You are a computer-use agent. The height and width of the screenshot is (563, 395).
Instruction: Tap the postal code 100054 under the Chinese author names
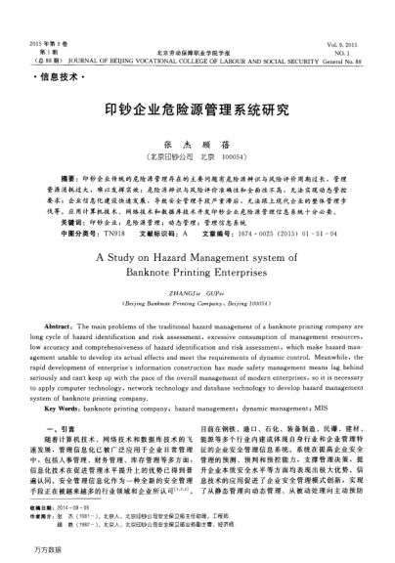tap(227, 155)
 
